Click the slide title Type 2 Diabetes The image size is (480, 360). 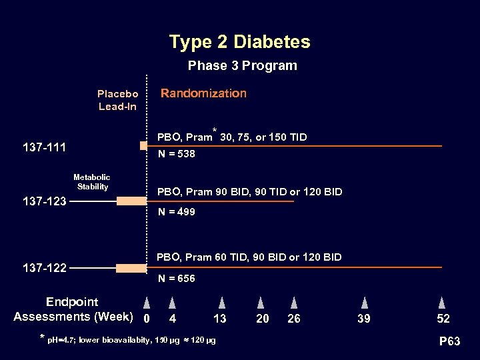[x=239, y=42]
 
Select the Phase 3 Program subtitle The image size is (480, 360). [x=242, y=66]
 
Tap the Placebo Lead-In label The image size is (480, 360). [x=117, y=100]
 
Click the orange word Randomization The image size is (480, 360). [x=203, y=93]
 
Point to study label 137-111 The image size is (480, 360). [x=45, y=147]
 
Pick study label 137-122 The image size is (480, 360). [x=45, y=268]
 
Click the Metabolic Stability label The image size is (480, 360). [x=92, y=182]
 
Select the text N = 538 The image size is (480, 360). [x=176, y=154]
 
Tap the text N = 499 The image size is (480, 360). [x=176, y=212]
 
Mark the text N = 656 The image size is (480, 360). [x=176, y=279]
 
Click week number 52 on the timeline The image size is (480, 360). [x=443, y=319]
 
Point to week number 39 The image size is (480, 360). [x=364, y=319]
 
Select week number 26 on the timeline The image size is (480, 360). [x=293, y=319]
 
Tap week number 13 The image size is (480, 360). [x=220, y=319]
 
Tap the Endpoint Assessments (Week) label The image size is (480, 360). [x=73, y=309]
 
